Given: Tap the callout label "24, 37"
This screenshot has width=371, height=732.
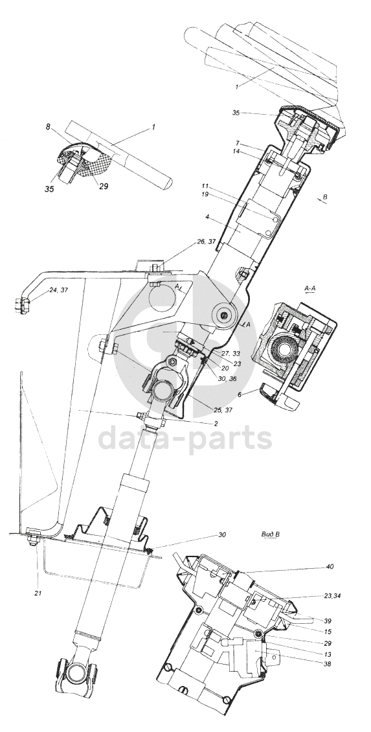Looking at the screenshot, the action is pyautogui.click(x=58, y=291).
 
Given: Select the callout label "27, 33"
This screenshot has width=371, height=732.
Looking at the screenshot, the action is pyautogui.click(x=230, y=354).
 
